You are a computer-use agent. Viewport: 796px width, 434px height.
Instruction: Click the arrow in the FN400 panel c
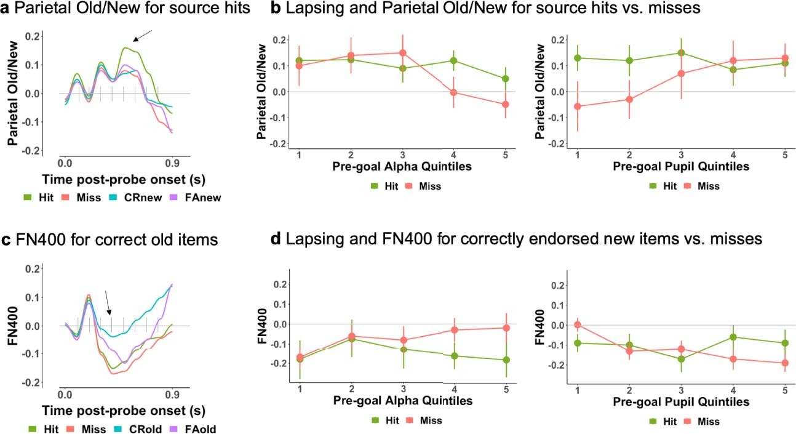point(108,302)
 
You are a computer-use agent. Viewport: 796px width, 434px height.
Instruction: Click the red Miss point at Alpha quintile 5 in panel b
point(505,105)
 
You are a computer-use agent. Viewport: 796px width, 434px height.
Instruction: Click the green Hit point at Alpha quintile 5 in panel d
point(505,360)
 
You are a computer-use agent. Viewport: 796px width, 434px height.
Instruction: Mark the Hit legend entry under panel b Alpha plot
point(382,185)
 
